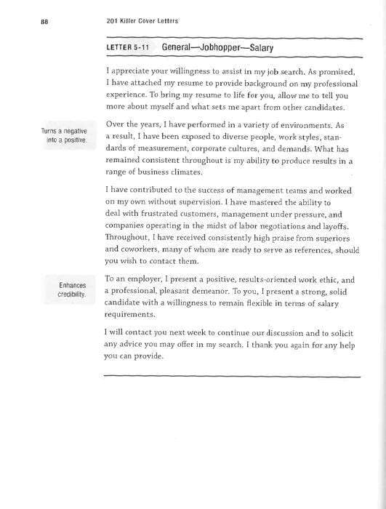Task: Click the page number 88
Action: pyautogui.click(x=44, y=22)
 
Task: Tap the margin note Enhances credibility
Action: pyautogui.click(x=72, y=289)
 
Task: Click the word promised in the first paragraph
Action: pyautogui.click(x=338, y=72)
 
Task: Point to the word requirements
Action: pyautogui.click(x=129, y=315)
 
